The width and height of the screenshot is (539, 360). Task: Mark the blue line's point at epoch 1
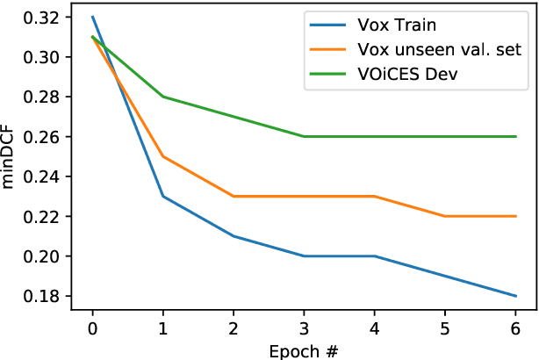pyautogui.click(x=162, y=197)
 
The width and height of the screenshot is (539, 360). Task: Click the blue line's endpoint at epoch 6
pyautogui.click(x=515, y=296)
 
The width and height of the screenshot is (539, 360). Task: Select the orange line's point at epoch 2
pyautogui.click(x=234, y=197)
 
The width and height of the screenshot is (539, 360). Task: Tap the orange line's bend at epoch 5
pyautogui.click(x=445, y=216)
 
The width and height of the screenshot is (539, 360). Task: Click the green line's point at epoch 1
pyautogui.click(x=162, y=97)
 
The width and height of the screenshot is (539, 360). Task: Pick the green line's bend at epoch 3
pyautogui.click(x=304, y=137)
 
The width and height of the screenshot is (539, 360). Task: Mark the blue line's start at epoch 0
pyautogui.click(x=92, y=18)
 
